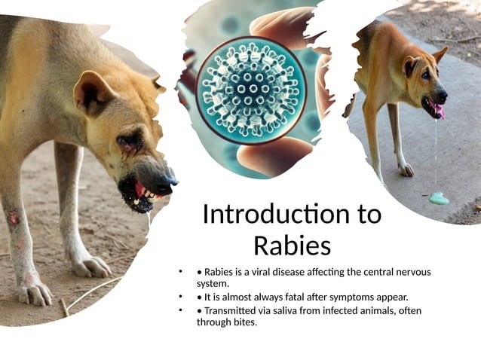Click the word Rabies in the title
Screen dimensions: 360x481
[291, 245]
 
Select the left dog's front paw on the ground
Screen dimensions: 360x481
[90, 265]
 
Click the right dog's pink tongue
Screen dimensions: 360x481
[439, 111]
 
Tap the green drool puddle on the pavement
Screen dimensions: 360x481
[438, 198]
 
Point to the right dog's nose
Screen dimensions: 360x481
[442, 96]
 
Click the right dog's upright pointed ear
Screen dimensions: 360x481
[440, 53]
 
